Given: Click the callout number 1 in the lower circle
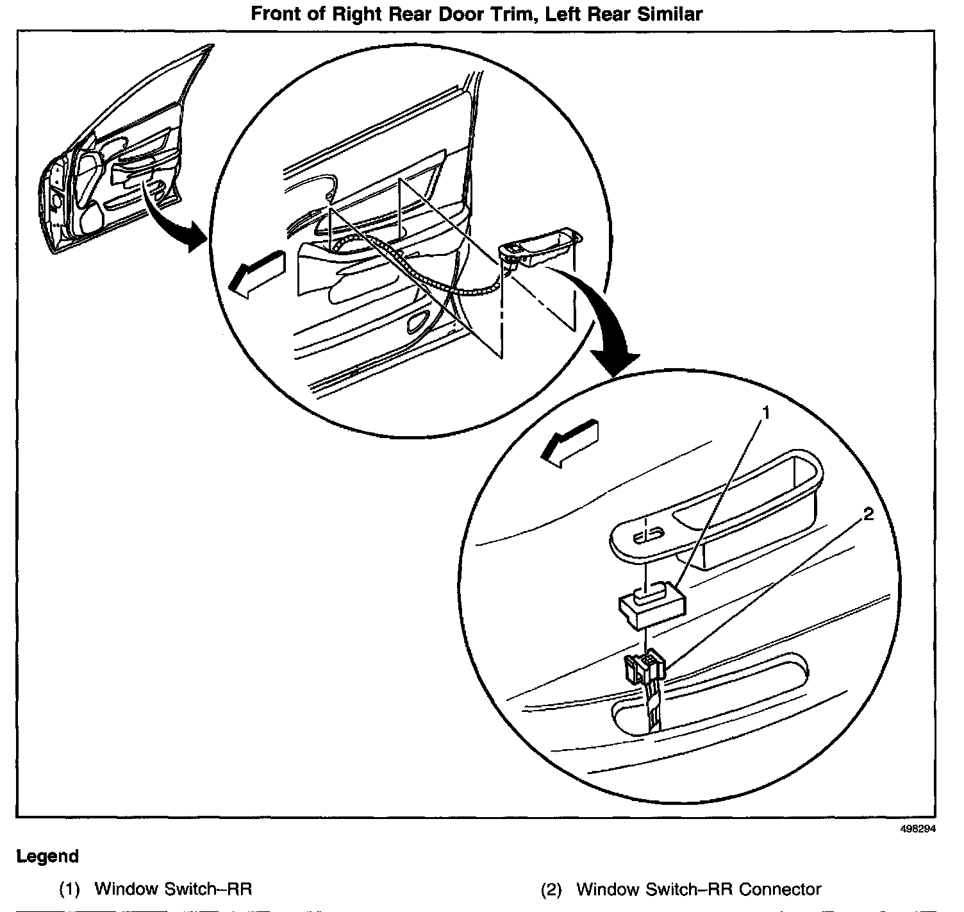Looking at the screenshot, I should (765, 414).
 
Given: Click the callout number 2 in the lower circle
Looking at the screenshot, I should (868, 514).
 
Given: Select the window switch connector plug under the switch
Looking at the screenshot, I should (644, 668).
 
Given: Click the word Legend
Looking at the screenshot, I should (47, 856).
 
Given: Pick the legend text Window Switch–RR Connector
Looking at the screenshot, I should (699, 890).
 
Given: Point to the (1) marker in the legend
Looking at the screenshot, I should (69, 890).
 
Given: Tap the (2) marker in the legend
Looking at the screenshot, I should (551, 890).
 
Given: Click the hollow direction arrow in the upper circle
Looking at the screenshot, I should (256, 273).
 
